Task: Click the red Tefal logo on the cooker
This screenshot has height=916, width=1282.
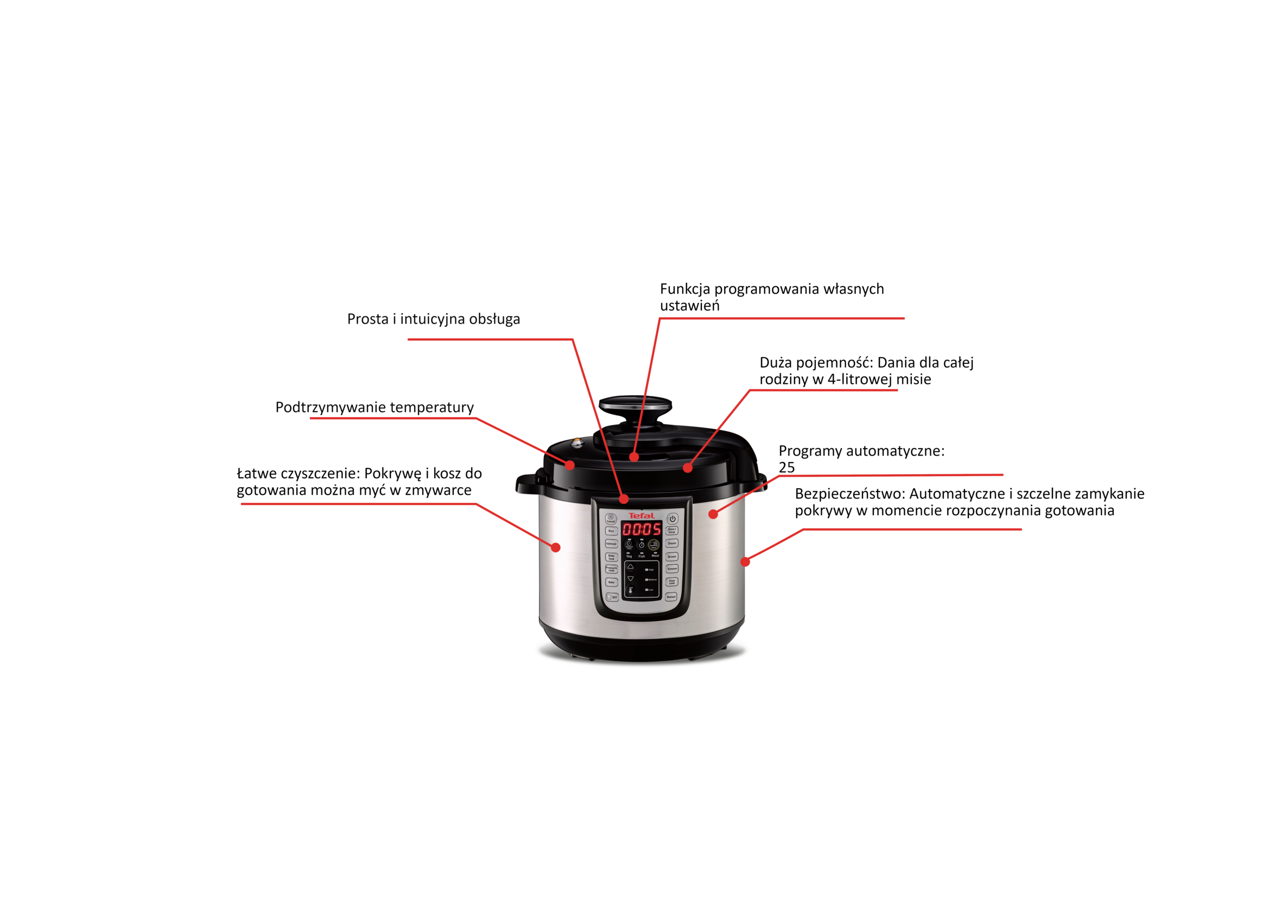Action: (642, 515)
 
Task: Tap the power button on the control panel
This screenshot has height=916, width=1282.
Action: (672, 519)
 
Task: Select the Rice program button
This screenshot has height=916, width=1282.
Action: (611, 531)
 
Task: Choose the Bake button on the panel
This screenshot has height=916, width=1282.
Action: (611, 582)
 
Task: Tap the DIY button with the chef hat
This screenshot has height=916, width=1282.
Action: (612, 597)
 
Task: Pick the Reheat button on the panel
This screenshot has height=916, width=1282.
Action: (671, 596)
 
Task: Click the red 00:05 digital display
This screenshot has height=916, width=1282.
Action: (642, 529)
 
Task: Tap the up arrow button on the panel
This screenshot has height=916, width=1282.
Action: (631, 567)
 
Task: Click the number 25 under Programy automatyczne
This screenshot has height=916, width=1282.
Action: (786, 467)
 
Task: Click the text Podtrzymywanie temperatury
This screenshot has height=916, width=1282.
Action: (375, 407)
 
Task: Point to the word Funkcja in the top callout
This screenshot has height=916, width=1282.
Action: (684, 289)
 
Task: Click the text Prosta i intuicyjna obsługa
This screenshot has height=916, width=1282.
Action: (433, 319)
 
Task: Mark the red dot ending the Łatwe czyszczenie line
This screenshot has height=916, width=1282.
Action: (556, 547)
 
